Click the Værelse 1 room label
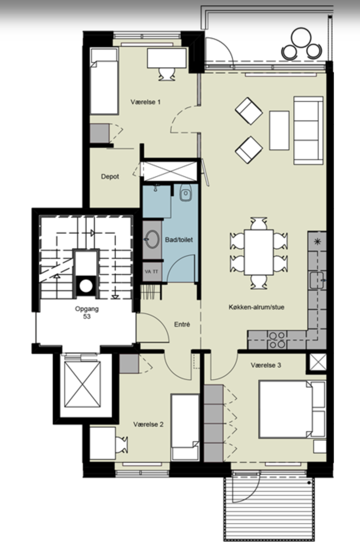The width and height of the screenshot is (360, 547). pos(146,102)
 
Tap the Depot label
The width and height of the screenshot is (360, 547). pos(110,176)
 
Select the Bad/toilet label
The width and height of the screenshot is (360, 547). pos(179,239)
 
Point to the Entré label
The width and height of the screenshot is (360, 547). pos(182,324)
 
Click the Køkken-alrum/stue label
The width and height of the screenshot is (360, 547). pos(256,307)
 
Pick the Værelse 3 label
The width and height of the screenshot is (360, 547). pos(266,365)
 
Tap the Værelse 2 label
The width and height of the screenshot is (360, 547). pos(148,424)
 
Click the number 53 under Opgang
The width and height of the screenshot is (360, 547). pos(87,316)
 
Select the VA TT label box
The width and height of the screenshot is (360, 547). pos(152,271)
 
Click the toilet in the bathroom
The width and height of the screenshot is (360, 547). pos(186,192)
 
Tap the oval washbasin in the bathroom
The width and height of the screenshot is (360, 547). pos(152,239)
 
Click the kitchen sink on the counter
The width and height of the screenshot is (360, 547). pos(317,280)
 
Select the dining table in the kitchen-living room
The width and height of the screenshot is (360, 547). pos(259,252)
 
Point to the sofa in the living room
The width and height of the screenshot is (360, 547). pos(309,130)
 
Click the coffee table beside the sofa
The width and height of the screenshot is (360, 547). pos(279,130)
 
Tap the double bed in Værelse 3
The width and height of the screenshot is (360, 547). pos(292,409)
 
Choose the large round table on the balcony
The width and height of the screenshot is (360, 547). pos(301,38)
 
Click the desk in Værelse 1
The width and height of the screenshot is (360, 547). pos(167,58)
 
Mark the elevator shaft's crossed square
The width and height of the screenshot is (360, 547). pos(82,384)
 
